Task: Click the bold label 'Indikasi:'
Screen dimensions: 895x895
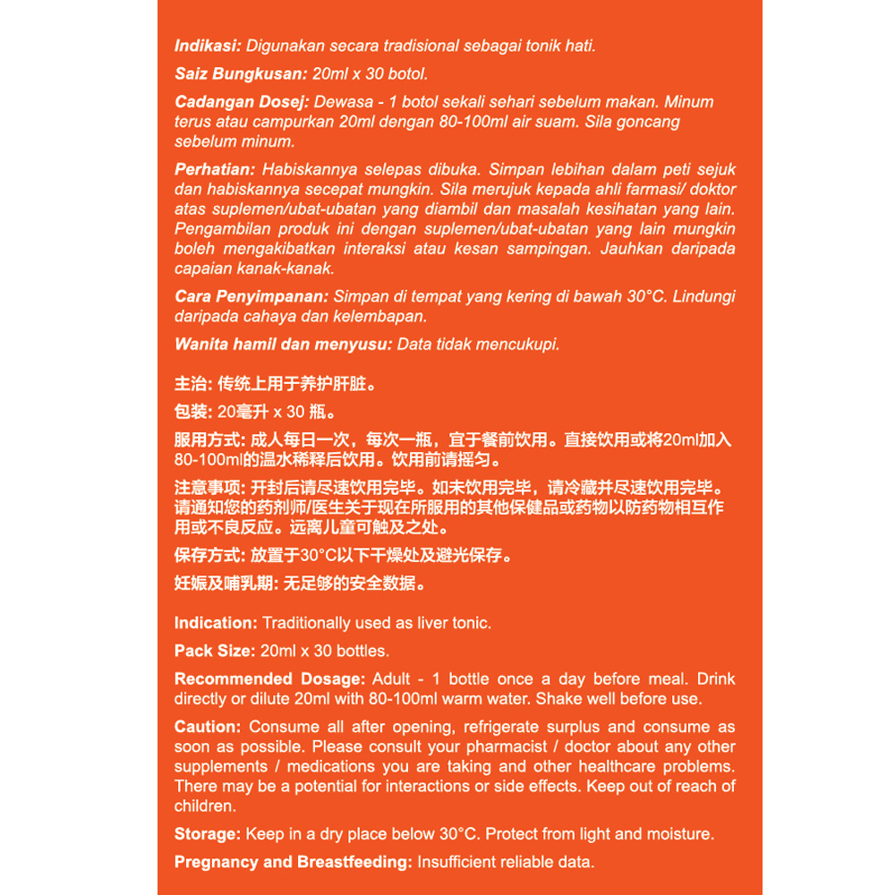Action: (x=208, y=46)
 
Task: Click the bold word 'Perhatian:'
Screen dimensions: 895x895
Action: (x=215, y=170)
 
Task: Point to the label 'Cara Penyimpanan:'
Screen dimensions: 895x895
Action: (x=251, y=296)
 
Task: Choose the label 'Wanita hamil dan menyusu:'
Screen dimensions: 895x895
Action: (x=283, y=344)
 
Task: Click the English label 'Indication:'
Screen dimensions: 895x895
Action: (x=216, y=623)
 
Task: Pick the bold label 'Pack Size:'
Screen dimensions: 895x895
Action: (x=215, y=651)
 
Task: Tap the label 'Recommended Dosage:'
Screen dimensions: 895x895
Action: (x=269, y=679)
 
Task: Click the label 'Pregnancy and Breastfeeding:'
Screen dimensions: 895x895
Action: (x=293, y=862)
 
